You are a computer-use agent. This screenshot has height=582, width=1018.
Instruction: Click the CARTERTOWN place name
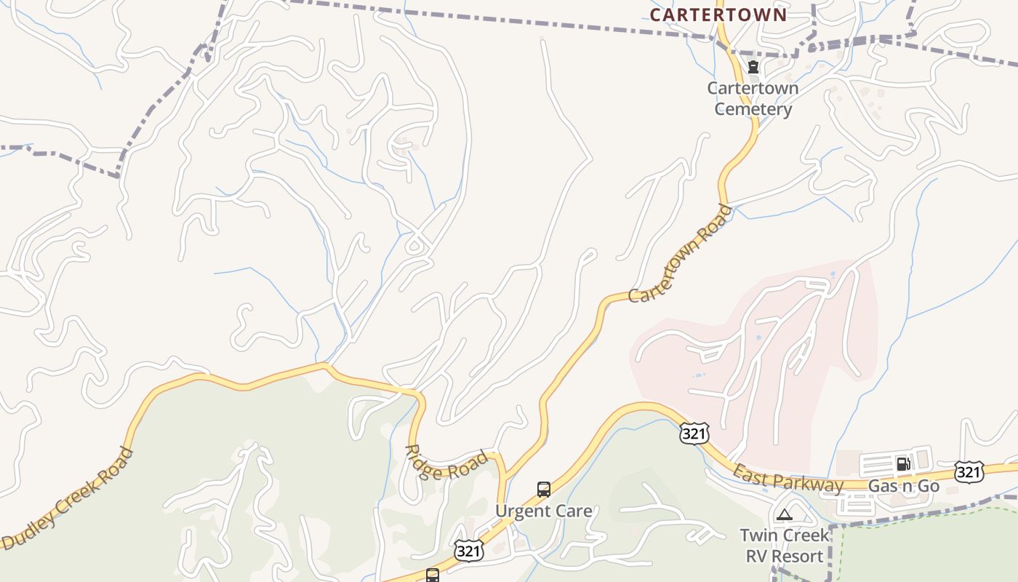[x=718, y=15]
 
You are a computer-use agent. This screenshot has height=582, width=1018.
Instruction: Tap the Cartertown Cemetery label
[x=753, y=99]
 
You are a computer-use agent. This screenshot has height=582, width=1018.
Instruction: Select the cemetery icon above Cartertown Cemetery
[x=753, y=68]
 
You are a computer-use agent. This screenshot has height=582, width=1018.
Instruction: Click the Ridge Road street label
[x=446, y=463]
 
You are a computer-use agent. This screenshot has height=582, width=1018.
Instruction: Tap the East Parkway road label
[x=787, y=479]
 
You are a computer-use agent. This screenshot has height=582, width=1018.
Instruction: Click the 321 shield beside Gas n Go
[x=969, y=472]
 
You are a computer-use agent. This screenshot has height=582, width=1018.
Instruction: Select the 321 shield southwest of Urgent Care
[x=469, y=551]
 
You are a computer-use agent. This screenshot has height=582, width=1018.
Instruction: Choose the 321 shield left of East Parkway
[x=694, y=434]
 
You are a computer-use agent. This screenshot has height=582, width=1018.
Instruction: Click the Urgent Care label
[x=543, y=511]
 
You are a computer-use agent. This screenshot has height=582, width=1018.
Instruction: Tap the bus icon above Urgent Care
[x=543, y=490]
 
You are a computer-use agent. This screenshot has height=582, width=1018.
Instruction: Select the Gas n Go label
[x=904, y=486]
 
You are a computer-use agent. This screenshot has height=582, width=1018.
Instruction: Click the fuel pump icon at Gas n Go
[x=903, y=464]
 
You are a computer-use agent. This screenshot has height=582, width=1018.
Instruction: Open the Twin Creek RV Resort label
[x=784, y=546]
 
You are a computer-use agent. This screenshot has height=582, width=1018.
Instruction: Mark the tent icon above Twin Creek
[x=784, y=515]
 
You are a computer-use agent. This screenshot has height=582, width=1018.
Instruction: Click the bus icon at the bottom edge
[x=433, y=576]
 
